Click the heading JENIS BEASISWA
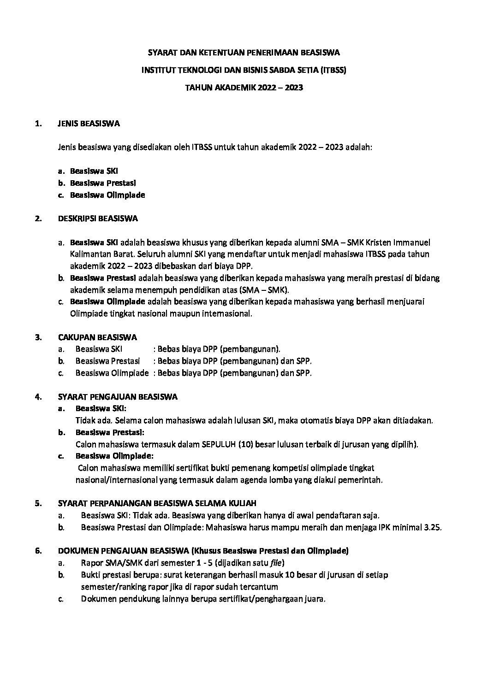tap(89, 124)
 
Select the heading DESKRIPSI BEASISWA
tap(98, 218)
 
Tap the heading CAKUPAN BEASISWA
tap(97, 337)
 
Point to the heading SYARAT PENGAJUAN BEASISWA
tap(118, 397)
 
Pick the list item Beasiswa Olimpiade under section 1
tap(107, 195)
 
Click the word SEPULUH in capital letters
tap(219, 444)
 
